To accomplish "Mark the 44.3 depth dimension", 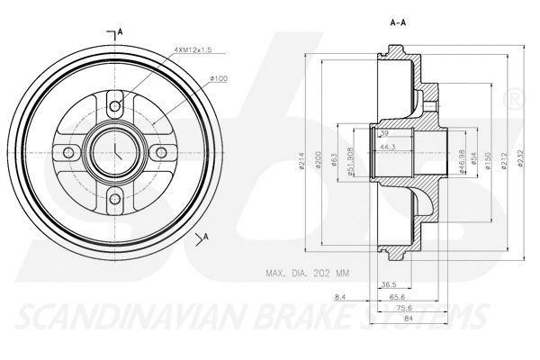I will click(x=389, y=147).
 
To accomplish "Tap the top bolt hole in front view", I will click(x=114, y=106).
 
